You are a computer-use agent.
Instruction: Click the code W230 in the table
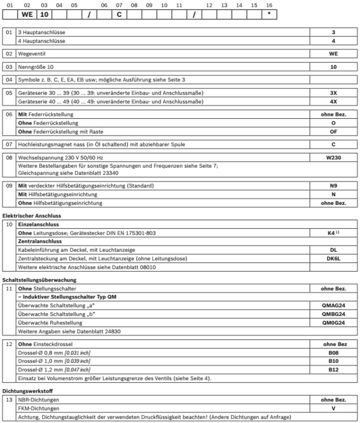333,157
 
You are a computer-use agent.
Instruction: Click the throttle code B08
333,352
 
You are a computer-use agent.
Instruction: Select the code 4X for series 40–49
333,101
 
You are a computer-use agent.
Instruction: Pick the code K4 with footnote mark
332,233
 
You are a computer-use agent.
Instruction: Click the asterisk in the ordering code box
269,14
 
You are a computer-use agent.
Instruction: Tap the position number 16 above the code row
269,5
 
